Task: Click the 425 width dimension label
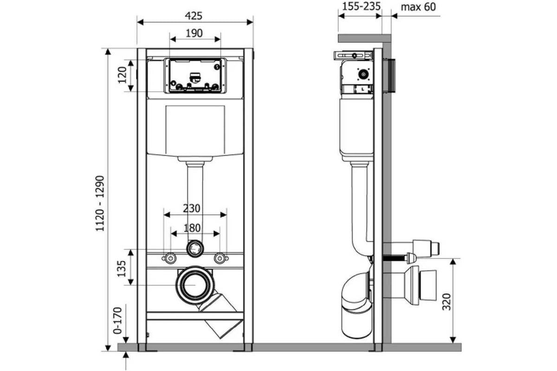pyautogui.click(x=194, y=16)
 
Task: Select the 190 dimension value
pyautogui.click(x=194, y=33)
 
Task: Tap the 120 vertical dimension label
pyautogui.click(x=123, y=75)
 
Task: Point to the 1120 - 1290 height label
pyautogui.click(x=100, y=204)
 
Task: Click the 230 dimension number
pyautogui.click(x=191, y=209)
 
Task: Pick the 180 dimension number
pyautogui.click(x=192, y=228)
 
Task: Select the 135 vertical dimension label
pyautogui.click(x=122, y=269)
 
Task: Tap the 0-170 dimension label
pyautogui.click(x=117, y=321)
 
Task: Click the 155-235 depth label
pyautogui.click(x=361, y=6)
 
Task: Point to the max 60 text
pyautogui.click(x=418, y=7)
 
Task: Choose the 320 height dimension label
pyautogui.click(x=447, y=302)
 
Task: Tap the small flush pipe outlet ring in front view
pyautogui.click(x=195, y=249)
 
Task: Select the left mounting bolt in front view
pyautogui.click(x=170, y=258)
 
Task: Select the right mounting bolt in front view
pyautogui.click(x=220, y=258)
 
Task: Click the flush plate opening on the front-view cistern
pyautogui.click(x=195, y=76)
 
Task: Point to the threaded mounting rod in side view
pyautogui.click(x=395, y=259)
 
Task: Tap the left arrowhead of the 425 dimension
pyautogui.click(x=140, y=22)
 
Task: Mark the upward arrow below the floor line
pyautogui.click(x=126, y=360)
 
